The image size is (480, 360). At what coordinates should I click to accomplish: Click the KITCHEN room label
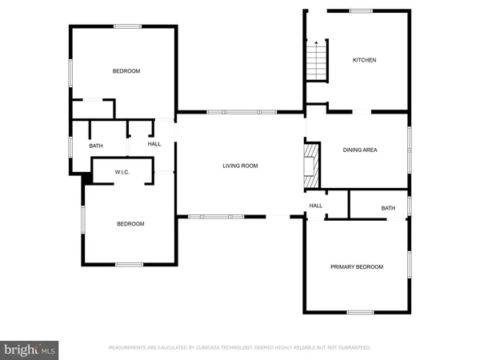(x=365, y=60)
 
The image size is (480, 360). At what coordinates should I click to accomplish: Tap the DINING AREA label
(x=360, y=150)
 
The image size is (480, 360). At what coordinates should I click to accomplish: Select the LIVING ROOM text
(x=240, y=166)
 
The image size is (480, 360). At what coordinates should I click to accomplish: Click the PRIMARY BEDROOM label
(x=357, y=266)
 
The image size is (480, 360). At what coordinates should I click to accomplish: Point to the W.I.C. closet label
(x=122, y=172)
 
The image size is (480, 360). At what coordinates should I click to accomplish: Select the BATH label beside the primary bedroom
(x=388, y=208)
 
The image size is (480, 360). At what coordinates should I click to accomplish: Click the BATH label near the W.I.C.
(x=96, y=146)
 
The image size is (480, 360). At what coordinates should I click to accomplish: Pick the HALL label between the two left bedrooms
(x=154, y=145)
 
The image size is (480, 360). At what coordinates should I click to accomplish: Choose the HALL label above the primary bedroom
(x=316, y=206)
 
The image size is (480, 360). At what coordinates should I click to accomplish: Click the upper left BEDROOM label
(x=126, y=71)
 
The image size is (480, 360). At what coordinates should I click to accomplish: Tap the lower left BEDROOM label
(x=130, y=224)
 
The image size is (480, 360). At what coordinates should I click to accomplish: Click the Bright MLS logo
(x=30, y=349)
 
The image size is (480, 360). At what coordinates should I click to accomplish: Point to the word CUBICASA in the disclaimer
(x=210, y=348)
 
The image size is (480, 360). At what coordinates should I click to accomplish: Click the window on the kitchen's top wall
(x=361, y=10)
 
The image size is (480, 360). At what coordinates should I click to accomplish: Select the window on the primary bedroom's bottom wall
(x=361, y=311)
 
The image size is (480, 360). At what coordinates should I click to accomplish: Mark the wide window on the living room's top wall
(x=242, y=112)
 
